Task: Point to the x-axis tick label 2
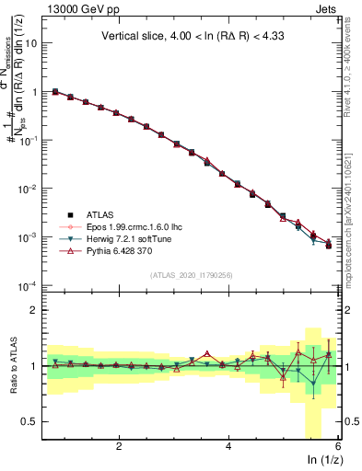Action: (119, 445)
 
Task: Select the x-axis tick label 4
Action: (228, 445)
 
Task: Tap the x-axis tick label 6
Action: (337, 445)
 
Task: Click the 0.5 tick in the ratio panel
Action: (31, 421)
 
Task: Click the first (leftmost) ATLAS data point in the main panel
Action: (55, 92)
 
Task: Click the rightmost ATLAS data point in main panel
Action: (329, 246)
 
